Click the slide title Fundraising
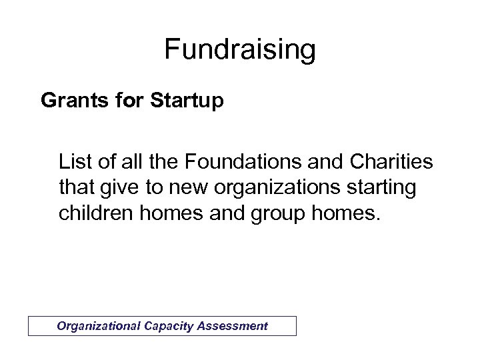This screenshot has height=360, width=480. pos(239,50)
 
